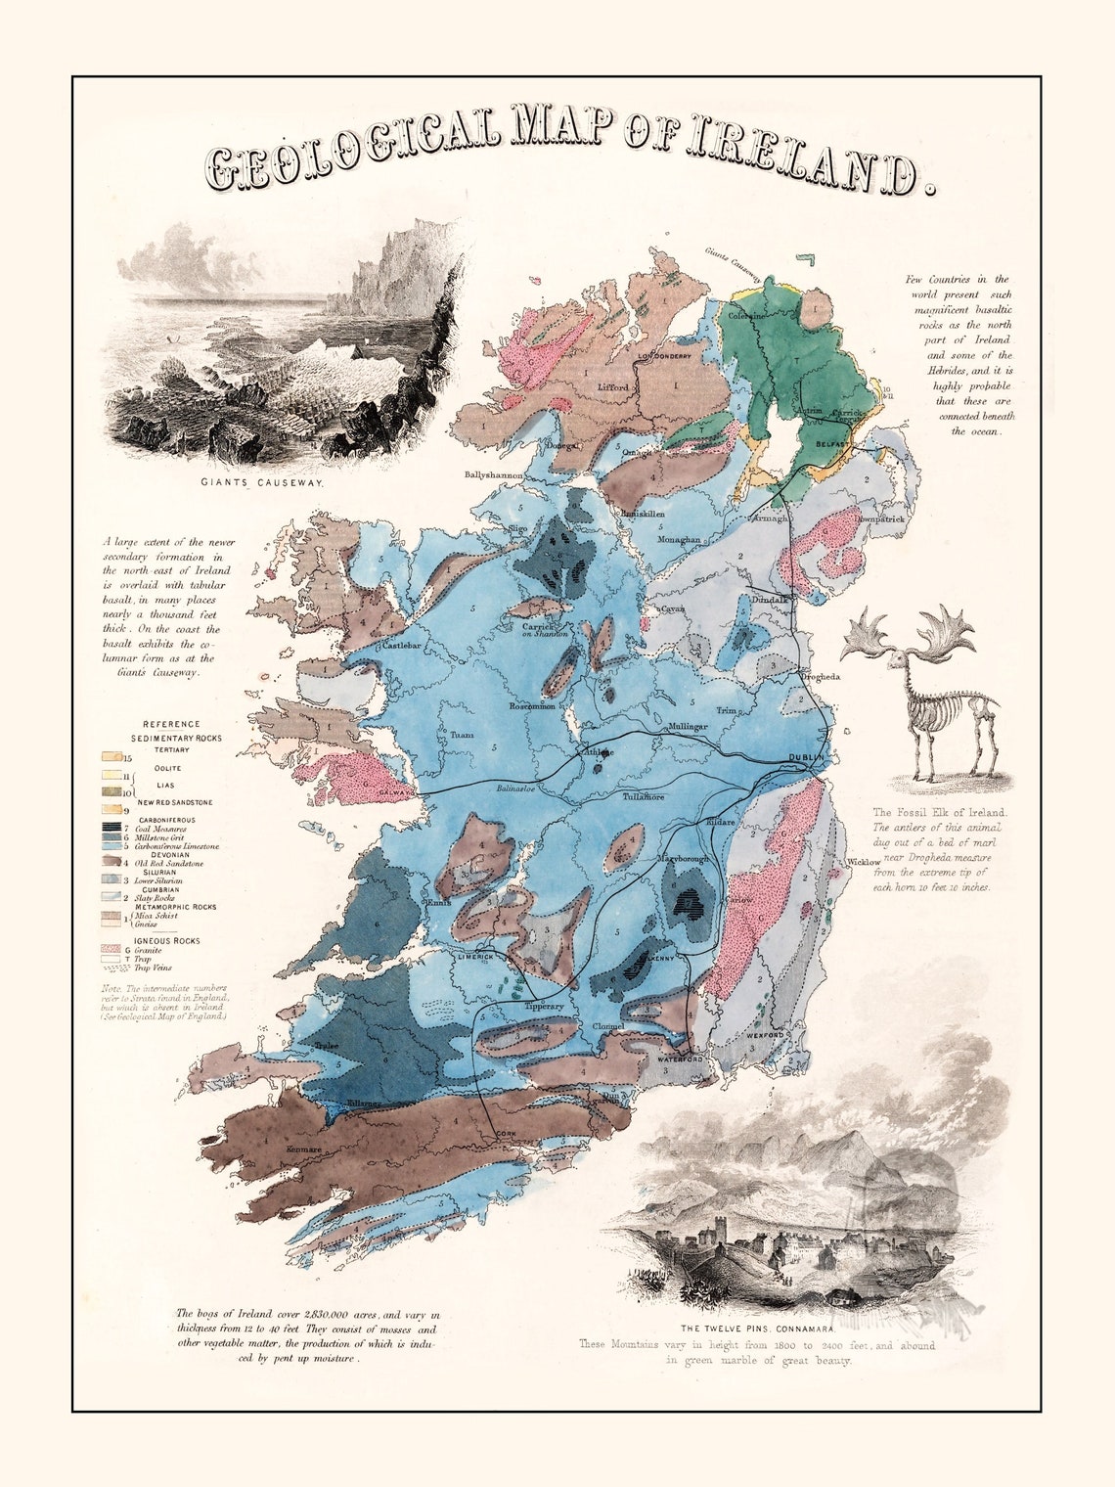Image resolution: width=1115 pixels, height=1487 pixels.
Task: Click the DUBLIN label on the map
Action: point(807,759)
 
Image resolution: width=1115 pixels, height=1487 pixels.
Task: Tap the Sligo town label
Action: point(516,529)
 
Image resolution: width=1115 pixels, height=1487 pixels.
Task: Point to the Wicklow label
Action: point(864,862)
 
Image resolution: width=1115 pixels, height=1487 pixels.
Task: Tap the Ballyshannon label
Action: point(493,476)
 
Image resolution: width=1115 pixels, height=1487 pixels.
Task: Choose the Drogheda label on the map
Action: point(820,676)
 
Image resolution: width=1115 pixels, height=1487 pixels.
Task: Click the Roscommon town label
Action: point(532,705)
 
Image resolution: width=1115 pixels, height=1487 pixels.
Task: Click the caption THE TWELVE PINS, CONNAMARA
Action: point(758,1329)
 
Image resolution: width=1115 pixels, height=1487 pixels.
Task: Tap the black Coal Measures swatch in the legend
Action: point(114,828)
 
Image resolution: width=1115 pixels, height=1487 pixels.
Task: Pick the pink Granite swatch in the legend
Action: point(113,950)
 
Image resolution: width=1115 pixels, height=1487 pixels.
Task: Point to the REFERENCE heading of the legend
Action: point(171,725)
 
